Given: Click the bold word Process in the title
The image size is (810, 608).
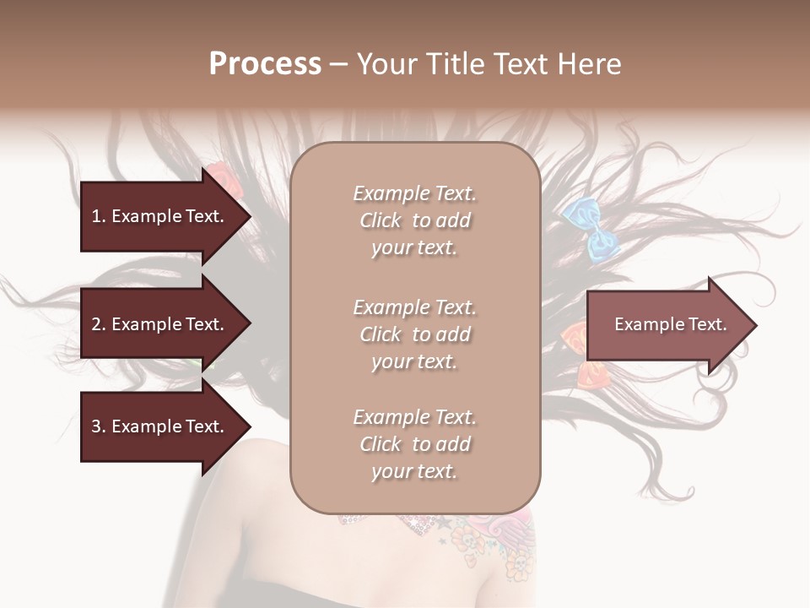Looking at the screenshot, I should pyautogui.click(x=265, y=64).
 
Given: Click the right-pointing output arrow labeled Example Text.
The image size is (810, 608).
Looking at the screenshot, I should pyautogui.click(x=667, y=325).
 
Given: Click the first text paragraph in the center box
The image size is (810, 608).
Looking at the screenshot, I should pyautogui.click(x=414, y=220).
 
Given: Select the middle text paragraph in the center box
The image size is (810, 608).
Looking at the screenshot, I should pyautogui.click(x=414, y=334).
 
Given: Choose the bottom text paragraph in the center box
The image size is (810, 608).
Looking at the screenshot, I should pyautogui.click(x=414, y=444).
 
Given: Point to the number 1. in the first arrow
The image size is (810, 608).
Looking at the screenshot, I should pyautogui.click(x=99, y=216).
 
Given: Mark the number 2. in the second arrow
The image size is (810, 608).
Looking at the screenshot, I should pyautogui.click(x=99, y=324).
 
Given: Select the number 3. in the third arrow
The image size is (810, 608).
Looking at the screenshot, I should pyautogui.click(x=99, y=426).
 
